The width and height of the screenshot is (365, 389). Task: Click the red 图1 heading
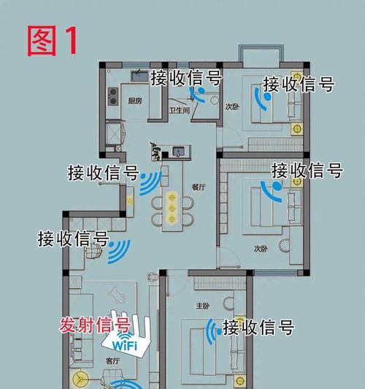[52, 41]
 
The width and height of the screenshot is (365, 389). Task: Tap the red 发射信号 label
[95, 325]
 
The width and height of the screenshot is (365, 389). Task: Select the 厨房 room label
[135, 101]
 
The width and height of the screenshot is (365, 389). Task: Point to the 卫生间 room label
[180, 110]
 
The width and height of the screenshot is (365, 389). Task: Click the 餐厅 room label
[199, 187]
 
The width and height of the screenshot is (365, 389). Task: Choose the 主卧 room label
[202, 306]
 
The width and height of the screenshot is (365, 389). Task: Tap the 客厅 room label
[112, 361]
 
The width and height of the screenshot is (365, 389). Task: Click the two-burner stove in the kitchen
[112, 97]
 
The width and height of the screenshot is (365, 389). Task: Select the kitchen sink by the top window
[139, 75]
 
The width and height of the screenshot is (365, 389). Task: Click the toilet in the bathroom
[214, 100]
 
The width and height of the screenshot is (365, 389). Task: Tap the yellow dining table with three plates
[172, 207]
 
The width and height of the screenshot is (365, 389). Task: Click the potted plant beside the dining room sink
[155, 151]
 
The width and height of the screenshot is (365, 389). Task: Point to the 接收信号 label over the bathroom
[186, 78]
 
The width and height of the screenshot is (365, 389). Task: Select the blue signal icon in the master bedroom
[214, 331]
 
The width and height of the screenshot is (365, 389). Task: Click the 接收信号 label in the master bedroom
[258, 328]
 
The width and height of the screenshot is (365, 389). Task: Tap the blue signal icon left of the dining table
[150, 183]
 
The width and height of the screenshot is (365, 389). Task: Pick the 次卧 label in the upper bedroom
[232, 107]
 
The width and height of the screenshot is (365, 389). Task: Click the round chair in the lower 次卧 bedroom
[284, 246]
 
